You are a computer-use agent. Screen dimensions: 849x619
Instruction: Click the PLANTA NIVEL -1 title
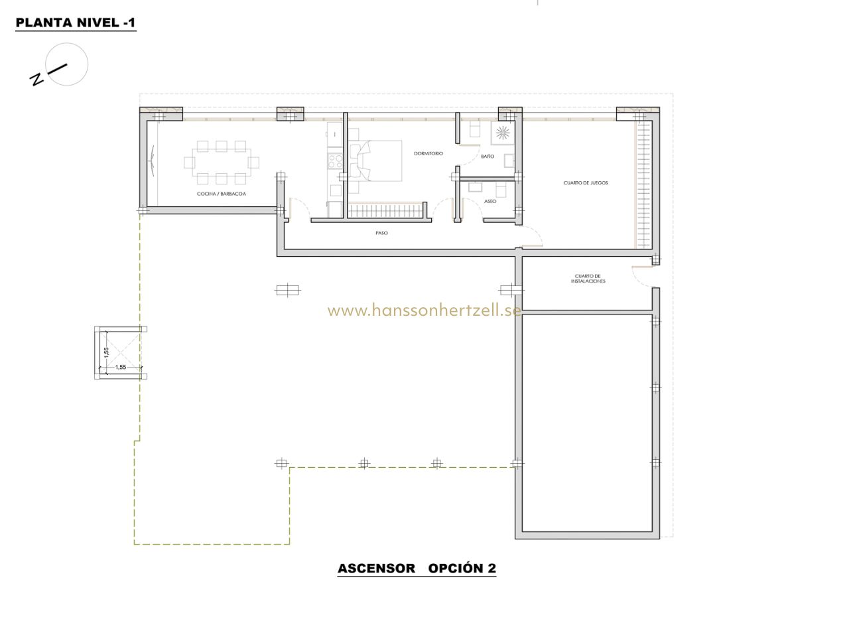tap(76, 23)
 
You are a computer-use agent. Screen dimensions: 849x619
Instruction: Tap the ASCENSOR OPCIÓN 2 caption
tap(417, 568)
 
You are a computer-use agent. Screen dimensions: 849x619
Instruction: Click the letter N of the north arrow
tap(36, 79)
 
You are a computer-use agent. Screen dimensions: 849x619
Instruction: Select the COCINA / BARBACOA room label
tap(222, 194)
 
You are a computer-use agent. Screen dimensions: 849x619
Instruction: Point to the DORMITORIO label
tap(428, 153)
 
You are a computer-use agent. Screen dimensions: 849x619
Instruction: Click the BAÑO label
tap(488, 156)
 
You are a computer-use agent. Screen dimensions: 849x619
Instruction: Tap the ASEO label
tap(490, 201)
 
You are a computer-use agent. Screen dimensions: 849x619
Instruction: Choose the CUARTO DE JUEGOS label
tap(586, 182)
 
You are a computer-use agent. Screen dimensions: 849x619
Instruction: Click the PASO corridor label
tap(381, 233)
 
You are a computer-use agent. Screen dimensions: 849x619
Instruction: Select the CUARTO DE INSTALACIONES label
tap(588, 279)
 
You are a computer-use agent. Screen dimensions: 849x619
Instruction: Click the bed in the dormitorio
tap(375, 161)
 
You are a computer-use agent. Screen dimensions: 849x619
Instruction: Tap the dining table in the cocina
tap(222, 163)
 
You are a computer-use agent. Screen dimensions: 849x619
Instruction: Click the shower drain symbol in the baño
tap(503, 132)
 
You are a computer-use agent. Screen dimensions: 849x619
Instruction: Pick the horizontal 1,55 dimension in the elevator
tap(121, 367)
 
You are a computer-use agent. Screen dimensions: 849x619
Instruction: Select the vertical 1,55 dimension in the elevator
tap(107, 352)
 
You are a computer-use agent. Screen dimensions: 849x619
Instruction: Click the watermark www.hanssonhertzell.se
tap(424, 310)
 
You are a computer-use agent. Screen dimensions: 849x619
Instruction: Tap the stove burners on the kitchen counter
tap(335, 161)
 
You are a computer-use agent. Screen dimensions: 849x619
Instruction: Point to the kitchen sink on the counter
tap(335, 134)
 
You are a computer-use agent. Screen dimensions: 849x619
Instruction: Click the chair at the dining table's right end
tap(253, 163)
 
